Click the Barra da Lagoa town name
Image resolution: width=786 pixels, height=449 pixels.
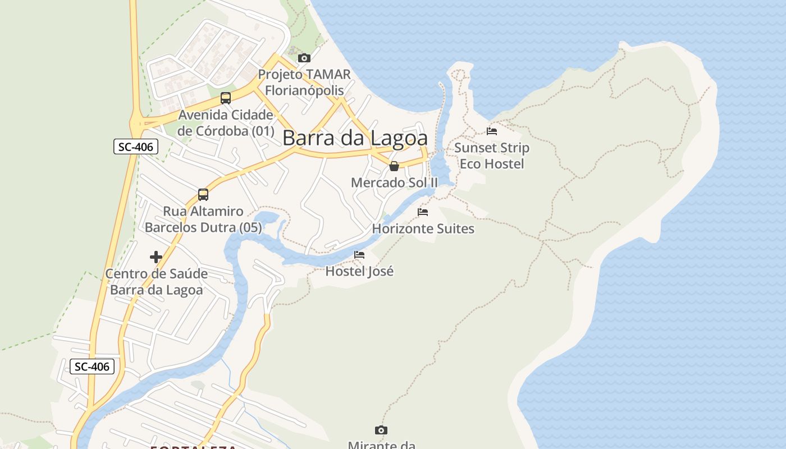(x=355, y=138)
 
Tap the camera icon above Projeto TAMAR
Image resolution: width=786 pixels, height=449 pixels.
(x=304, y=58)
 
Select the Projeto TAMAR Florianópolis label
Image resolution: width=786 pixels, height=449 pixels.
(x=304, y=82)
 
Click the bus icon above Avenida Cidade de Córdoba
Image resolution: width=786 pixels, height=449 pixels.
(x=226, y=98)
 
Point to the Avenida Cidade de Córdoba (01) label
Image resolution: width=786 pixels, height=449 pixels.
(x=226, y=123)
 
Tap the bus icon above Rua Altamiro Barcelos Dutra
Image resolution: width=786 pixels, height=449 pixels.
(x=203, y=195)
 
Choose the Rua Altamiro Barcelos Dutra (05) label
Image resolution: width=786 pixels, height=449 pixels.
(x=203, y=219)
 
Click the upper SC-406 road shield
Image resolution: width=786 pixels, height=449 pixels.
(x=136, y=147)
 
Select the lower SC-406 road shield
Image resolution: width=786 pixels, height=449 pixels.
(x=93, y=366)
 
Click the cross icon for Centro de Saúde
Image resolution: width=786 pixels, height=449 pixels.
(x=156, y=257)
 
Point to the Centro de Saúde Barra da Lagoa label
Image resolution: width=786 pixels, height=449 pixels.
(x=157, y=282)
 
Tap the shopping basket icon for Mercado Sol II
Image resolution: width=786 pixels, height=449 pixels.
(x=394, y=166)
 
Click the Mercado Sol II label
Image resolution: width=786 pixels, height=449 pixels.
(x=394, y=182)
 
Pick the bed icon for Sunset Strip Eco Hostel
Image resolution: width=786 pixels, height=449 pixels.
(x=492, y=131)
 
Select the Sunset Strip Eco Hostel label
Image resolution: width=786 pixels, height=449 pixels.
(x=492, y=155)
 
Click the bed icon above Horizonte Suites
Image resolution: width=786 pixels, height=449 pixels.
(x=423, y=212)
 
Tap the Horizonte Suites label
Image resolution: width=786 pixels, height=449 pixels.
(x=423, y=228)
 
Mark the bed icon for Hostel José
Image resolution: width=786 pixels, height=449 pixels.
(x=359, y=255)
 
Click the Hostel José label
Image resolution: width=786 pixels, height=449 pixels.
(x=360, y=271)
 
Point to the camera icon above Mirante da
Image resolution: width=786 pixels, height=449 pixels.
(x=381, y=430)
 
